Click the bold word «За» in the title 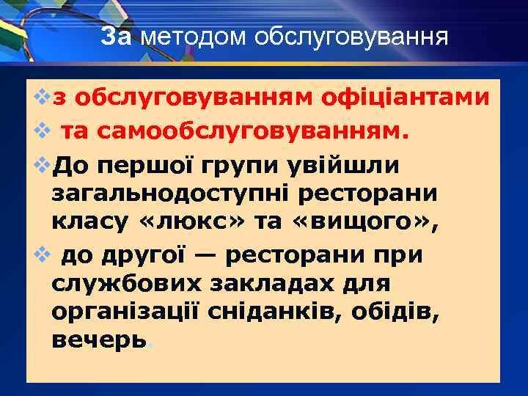[115, 36]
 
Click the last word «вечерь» [99, 340]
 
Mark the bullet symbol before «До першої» [43, 164]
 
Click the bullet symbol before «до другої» [43, 254]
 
